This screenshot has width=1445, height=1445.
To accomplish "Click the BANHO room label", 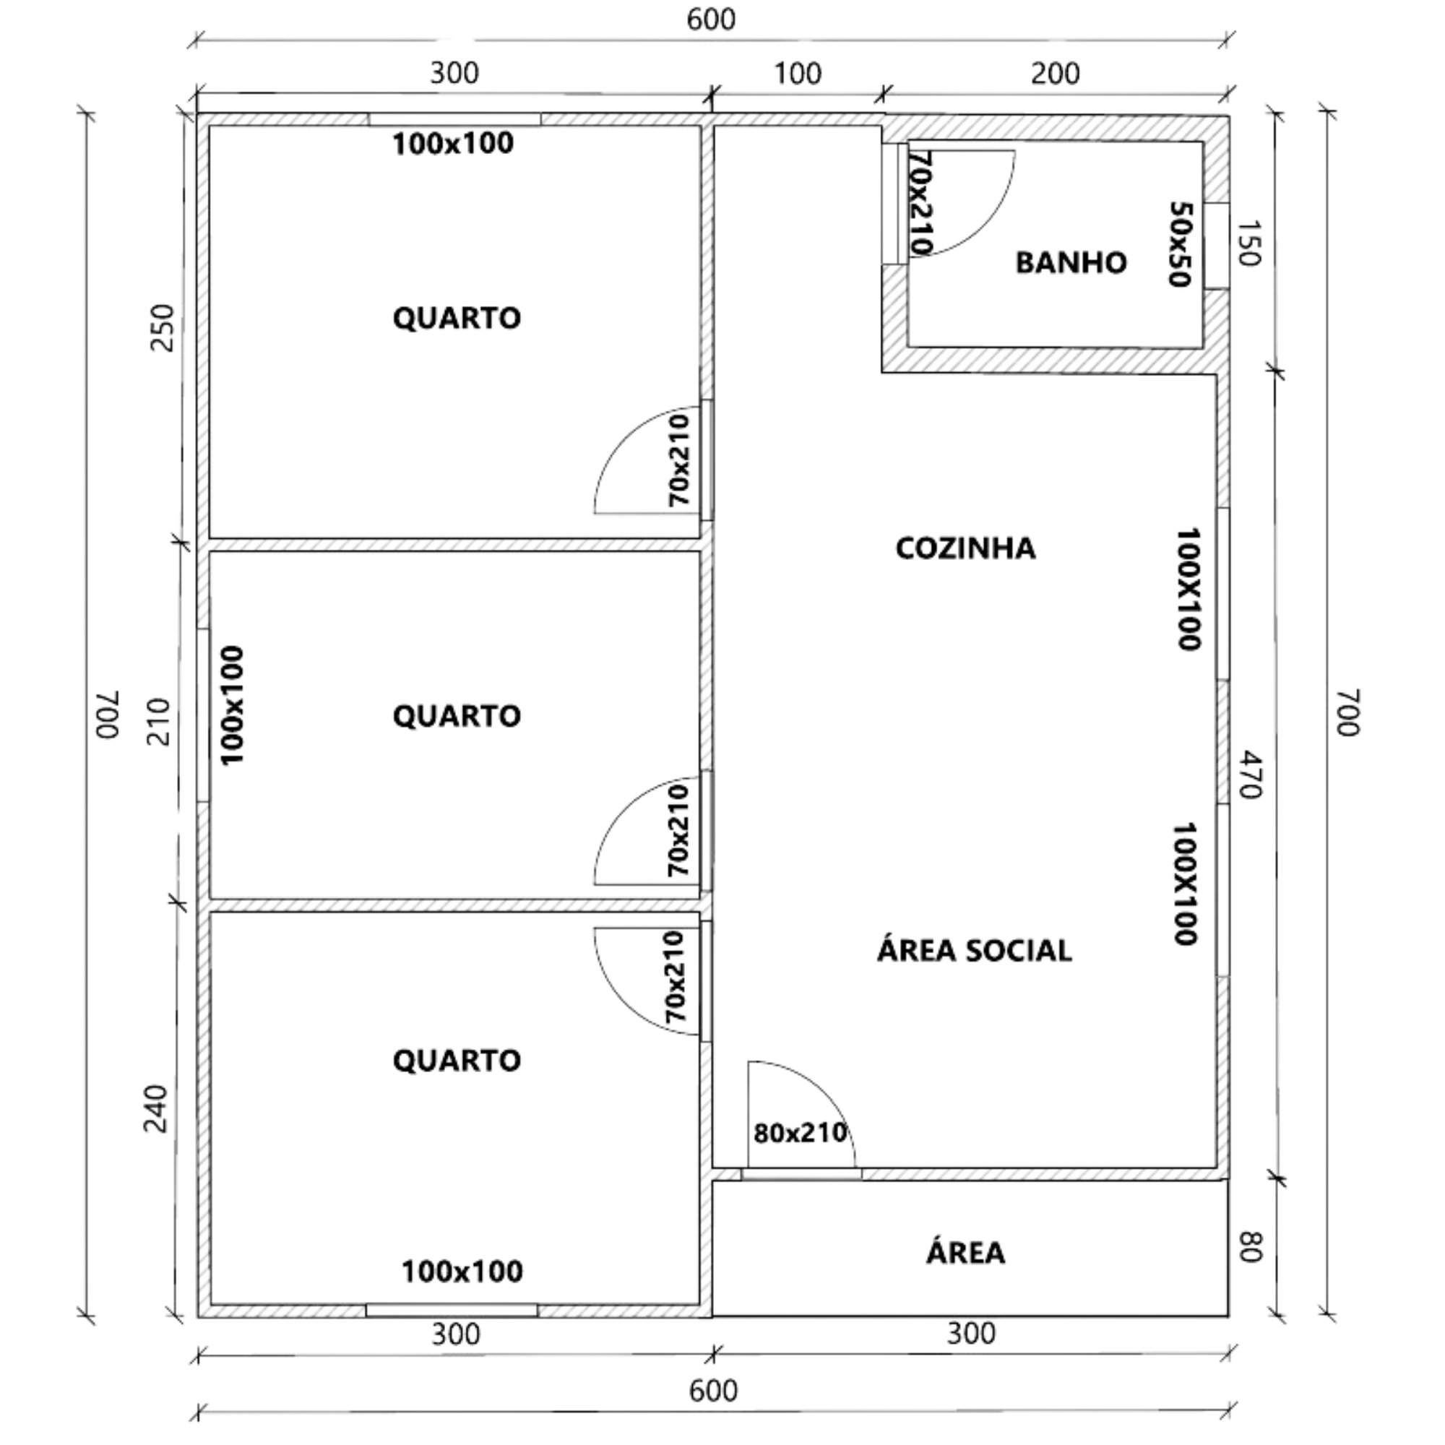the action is (x=1070, y=262).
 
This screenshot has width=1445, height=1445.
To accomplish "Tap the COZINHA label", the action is (x=965, y=548).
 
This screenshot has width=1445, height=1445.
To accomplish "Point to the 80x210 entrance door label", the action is (x=800, y=1132).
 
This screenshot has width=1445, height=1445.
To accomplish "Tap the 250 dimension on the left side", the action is (x=163, y=327).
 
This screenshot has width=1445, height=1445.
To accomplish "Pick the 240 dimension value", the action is (x=156, y=1108).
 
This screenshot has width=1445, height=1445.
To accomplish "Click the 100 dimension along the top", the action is (x=798, y=74).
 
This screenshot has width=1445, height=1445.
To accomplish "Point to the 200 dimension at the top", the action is (x=1055, y=74).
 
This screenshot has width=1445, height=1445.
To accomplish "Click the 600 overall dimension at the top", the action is (x=711, y=20).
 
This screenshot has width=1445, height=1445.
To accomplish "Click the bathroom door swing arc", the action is (x=985, y=224).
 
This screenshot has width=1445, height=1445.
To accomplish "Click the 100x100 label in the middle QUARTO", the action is (x=233, y=705).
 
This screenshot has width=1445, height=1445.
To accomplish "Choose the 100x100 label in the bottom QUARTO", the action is (x=462, y=1272).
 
